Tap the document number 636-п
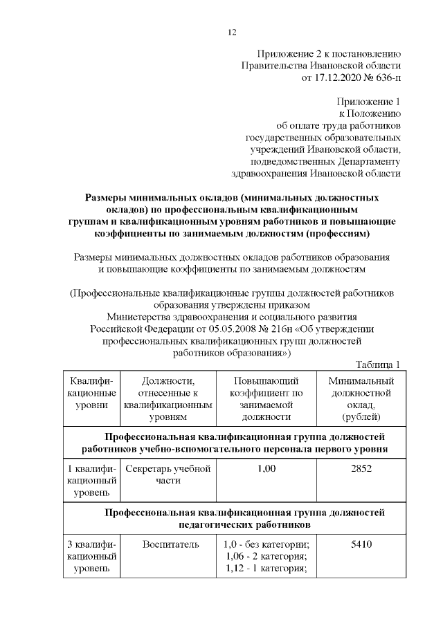point(386,79)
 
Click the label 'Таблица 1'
point(378,365)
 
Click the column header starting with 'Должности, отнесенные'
point(167,399)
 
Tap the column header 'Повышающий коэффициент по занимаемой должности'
point(266,399)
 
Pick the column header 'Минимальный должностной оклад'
point(361,399)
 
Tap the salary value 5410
point(361,544)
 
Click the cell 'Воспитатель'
point(167,544)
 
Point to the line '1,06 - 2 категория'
point(266,557)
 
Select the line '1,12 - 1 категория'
point(266,569)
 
